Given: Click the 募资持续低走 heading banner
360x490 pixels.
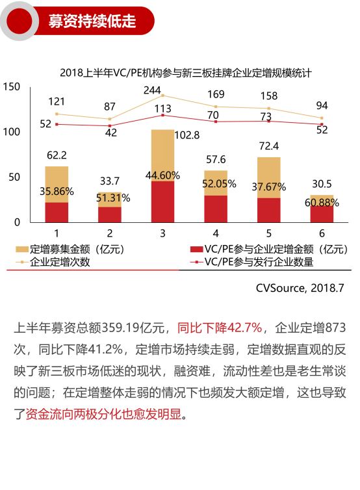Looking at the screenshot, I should coord(92,21).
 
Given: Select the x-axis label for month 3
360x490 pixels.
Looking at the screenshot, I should coord(162,233).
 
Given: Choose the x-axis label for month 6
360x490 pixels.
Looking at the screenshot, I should coord(321,233).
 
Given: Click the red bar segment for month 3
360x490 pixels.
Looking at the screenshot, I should coord(162,201).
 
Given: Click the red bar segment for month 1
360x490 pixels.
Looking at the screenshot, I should coord(57,213).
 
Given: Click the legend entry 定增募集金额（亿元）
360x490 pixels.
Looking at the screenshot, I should coord(70,249).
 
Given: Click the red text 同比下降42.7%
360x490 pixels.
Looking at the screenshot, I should coord(220,327).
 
